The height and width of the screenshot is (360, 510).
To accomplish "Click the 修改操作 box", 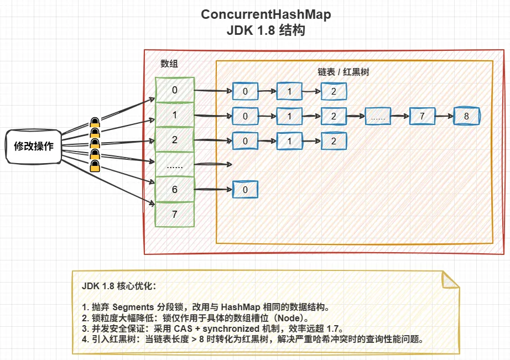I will coord(34,147).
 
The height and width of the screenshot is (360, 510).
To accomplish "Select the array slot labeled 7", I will coord(175,214).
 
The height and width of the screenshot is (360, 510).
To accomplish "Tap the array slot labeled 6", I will coord(175,189).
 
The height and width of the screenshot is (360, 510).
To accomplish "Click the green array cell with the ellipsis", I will coord(175,164).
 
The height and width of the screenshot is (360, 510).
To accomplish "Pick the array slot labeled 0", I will coord(175,90).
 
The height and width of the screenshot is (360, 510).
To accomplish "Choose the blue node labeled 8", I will coord(466,117).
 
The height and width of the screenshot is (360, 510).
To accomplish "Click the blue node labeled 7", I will coord(422,117).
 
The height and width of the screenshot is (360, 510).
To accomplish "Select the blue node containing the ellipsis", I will coord(378,117).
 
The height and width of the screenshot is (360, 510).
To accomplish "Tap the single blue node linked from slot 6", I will coord(245,190).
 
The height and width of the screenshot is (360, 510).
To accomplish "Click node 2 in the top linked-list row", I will coord(334,91).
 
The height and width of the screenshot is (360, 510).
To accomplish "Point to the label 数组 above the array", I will coord(169,64).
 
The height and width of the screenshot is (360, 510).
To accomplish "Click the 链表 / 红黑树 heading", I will coord(343,72).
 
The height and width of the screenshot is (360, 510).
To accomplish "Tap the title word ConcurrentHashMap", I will coord(266,14).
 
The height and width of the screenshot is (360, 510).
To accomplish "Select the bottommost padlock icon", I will coord(95,166).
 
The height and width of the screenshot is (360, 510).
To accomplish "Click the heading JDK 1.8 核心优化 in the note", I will coord(119,286).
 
